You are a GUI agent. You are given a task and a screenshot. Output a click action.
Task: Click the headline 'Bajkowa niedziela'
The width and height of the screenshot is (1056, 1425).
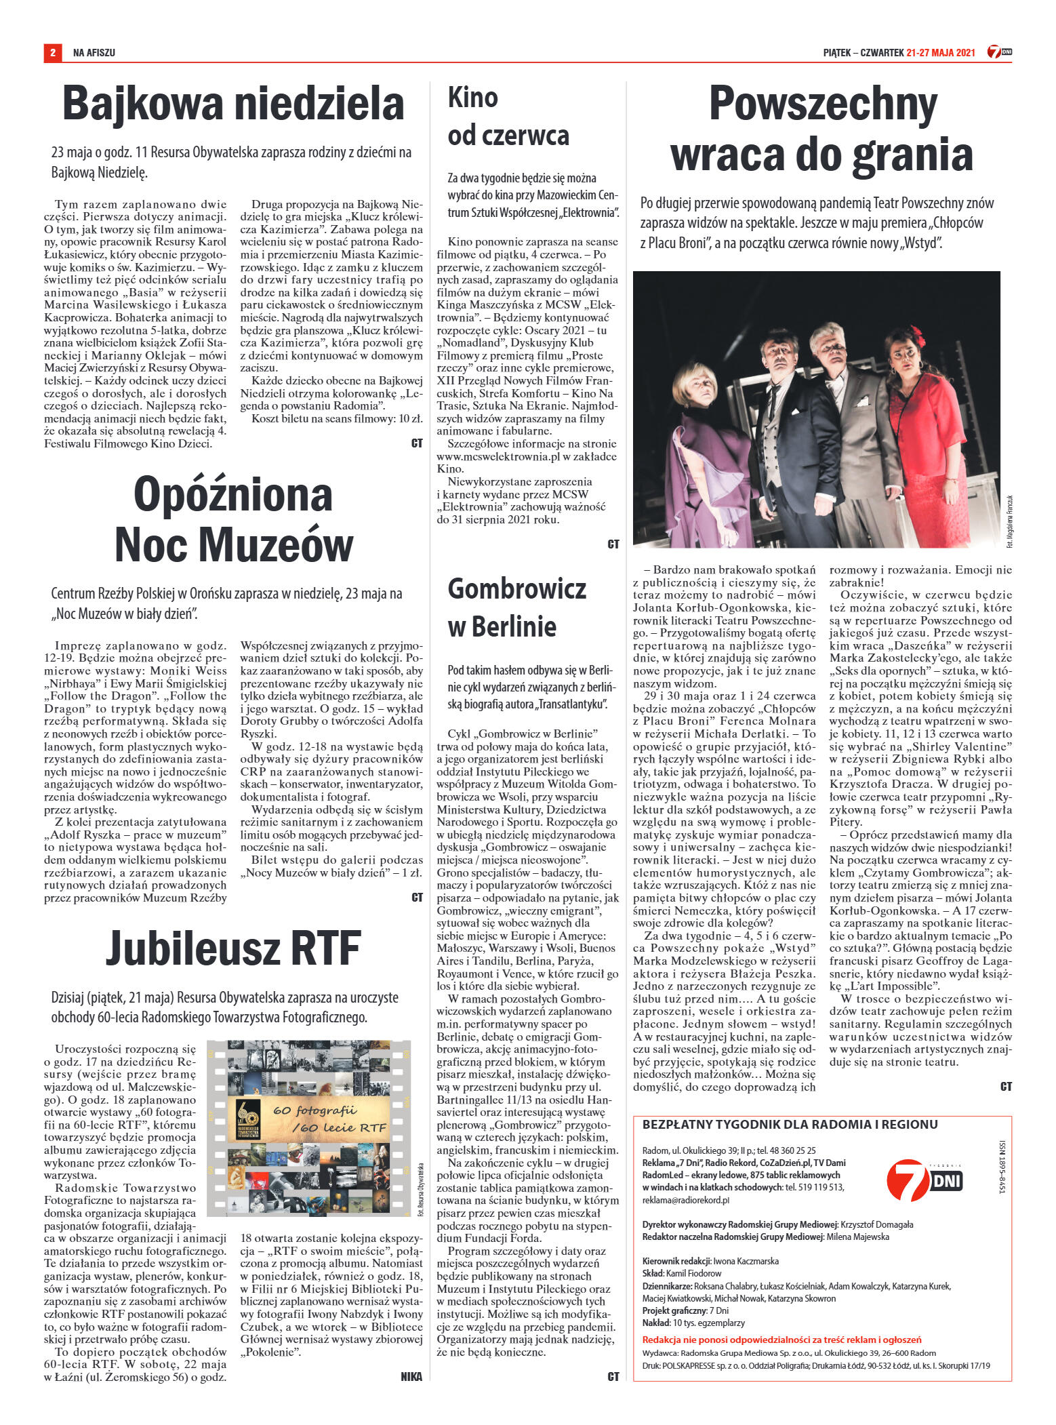(x=233, y=104)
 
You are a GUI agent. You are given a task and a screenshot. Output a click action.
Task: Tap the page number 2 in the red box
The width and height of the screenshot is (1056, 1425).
(x=52, y=52)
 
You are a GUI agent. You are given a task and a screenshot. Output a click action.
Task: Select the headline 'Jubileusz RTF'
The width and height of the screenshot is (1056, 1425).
(x=232, y=948)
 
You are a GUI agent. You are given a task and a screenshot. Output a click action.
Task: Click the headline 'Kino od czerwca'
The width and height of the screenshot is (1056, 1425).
(x=508, y=117)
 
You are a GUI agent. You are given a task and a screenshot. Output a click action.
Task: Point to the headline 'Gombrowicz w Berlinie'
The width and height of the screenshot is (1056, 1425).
(x=516, y=607)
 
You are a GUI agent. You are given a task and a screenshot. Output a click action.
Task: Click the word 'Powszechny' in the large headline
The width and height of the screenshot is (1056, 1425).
(x=823, y=105)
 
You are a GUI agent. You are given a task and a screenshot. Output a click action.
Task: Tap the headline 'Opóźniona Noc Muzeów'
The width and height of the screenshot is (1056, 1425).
(x=233, y=519)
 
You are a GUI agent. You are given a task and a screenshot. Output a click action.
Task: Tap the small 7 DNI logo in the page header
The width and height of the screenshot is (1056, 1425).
(x=999, y=52)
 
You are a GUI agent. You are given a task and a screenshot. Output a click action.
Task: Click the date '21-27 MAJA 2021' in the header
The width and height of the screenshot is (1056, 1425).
(x=940, y=52)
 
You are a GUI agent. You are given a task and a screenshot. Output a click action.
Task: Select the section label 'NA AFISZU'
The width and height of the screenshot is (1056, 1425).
(x=94, y=52)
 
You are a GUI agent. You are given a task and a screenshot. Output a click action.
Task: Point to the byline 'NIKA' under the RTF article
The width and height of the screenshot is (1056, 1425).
(x=411, y=1376)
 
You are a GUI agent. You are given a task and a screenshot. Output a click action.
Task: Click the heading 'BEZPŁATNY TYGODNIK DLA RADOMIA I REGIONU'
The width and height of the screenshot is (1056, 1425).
(x=790, y=1125)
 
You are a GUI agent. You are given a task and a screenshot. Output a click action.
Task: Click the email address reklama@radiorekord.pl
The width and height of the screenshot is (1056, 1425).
(x=685, y=1200)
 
